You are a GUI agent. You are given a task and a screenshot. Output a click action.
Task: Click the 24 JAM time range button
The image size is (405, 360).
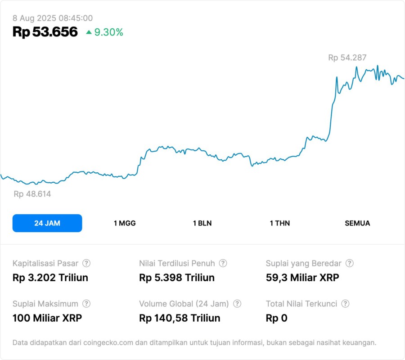tap(47, 223)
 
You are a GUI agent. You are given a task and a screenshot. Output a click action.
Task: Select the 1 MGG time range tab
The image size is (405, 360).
tap(125, 223)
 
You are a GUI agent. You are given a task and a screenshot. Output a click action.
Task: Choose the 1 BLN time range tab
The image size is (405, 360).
tap(202, 223)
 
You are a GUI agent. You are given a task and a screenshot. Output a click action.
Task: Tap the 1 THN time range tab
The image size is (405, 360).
tap(280, 223)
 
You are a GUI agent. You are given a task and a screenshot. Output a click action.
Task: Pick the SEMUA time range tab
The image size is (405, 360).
tap(357, 223)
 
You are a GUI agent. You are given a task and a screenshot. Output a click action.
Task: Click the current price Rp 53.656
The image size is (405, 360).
tap(45, 32)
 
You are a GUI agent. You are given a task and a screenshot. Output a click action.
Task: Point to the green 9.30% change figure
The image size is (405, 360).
tap(108, 32)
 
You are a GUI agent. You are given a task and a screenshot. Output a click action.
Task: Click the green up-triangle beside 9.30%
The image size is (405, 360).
tap(89, 32)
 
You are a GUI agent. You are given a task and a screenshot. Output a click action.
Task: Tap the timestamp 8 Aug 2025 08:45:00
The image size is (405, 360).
tap(53, 18)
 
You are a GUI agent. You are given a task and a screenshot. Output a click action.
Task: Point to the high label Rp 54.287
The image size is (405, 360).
tap(347, 58)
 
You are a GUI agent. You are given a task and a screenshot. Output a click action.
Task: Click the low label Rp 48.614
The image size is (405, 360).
tap(32, 194)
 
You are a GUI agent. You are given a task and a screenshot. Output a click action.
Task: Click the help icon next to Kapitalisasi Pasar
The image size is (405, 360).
tap(86, 263)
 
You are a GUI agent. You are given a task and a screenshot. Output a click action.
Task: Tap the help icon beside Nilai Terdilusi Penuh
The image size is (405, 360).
tap(223, 263)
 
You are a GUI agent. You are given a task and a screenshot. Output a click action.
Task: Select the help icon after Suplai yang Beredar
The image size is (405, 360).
tap(349, 263)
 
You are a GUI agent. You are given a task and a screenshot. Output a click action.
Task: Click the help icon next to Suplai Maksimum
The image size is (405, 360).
tap(86, 304)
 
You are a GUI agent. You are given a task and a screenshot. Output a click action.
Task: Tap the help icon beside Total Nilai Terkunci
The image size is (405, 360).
tap(345, 304)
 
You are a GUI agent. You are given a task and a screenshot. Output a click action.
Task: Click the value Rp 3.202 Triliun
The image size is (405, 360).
tap(50, 278)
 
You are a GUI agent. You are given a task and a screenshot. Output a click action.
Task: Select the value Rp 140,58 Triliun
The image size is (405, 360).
tap(180, 318)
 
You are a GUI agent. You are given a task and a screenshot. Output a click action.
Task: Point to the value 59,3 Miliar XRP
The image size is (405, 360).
tap(302, 278)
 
